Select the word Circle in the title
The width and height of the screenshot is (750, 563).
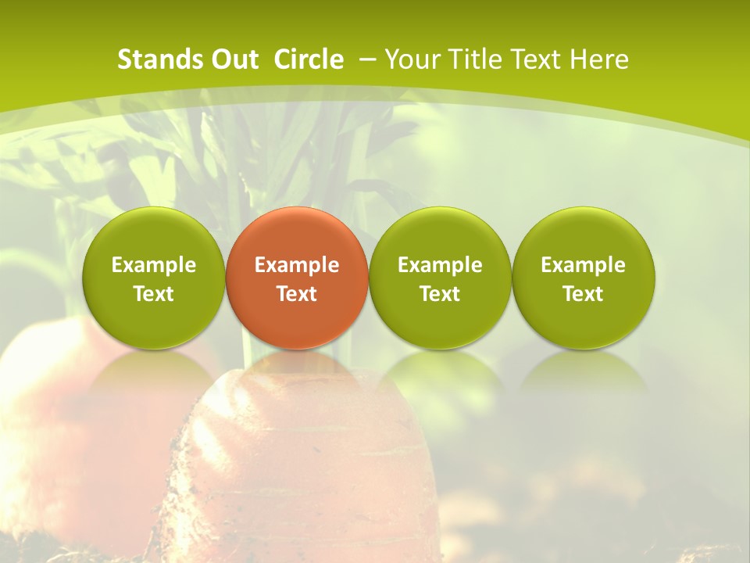(x=309, y=59)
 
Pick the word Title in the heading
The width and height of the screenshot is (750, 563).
(x=477, y=59)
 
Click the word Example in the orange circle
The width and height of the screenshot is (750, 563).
(x=297, y=265)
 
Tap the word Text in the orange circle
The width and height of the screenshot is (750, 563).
(x=297, y=294)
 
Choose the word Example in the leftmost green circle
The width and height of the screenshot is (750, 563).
(x=154, y=265)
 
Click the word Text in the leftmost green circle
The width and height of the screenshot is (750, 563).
(x=154, y=294)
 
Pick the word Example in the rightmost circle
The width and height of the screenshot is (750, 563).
(x=583, y=265)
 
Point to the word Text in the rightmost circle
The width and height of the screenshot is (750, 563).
(x=583, y=294)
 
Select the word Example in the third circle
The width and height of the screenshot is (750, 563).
(x=440, y=265)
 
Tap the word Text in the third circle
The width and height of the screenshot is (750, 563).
(x=440, y=294)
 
